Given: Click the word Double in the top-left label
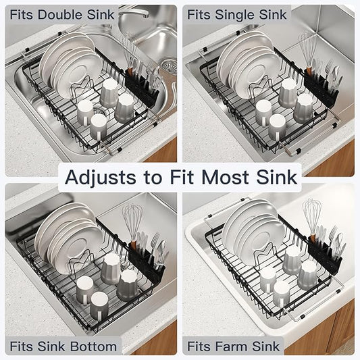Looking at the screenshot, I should (68, 14).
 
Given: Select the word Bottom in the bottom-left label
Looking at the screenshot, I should (93, 346).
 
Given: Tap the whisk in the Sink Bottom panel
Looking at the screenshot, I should (131, 220).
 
